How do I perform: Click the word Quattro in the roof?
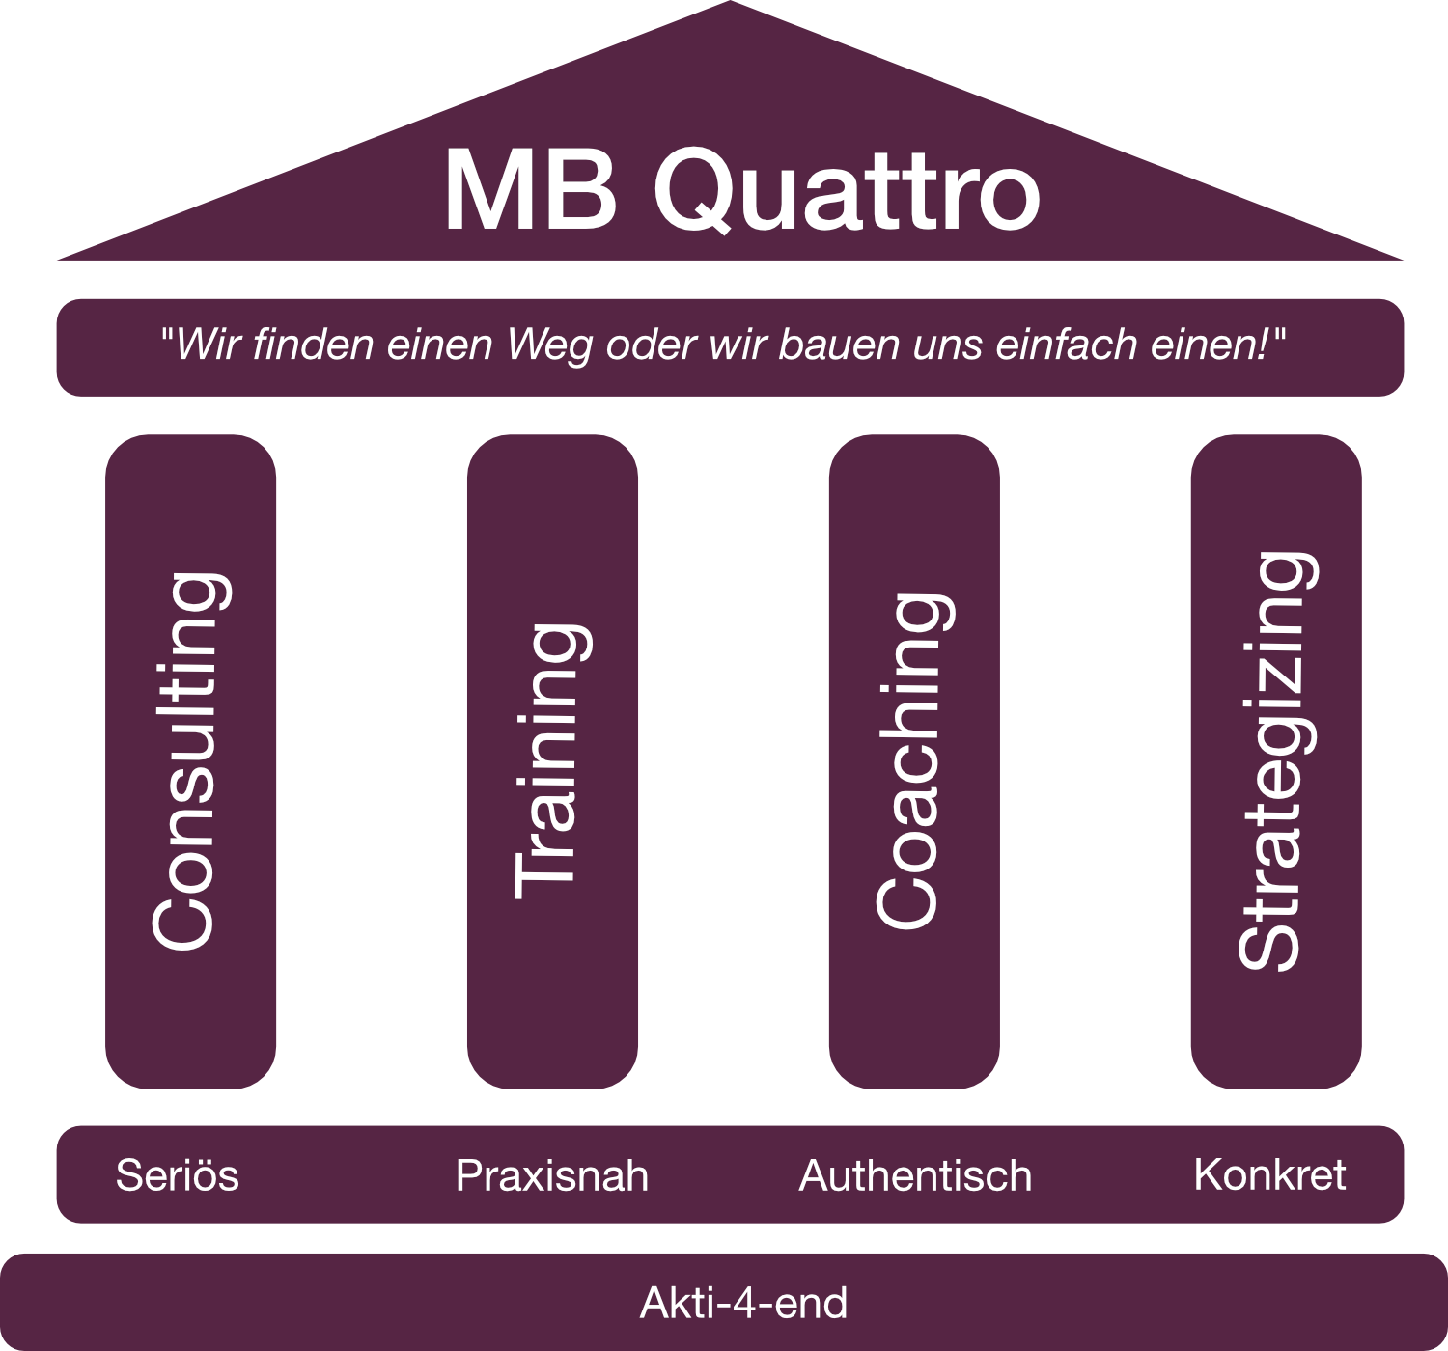(x=848, y=189)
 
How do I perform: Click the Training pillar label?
(x=550, y=762)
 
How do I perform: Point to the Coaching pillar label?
(x=911, y=762)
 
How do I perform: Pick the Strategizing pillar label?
(x=1276, y=762)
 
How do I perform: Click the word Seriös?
(x=177, y=1175)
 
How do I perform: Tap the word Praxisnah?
(x=552, y=1175)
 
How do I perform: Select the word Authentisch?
(x=915, y=1175)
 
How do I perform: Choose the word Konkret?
(x=1269, y=1174)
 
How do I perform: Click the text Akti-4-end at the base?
(x=743, y=1303)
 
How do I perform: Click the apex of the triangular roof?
(x=730, y=6)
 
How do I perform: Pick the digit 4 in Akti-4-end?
(x=744, y=1303)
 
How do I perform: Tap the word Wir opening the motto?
(x=206, y=345)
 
